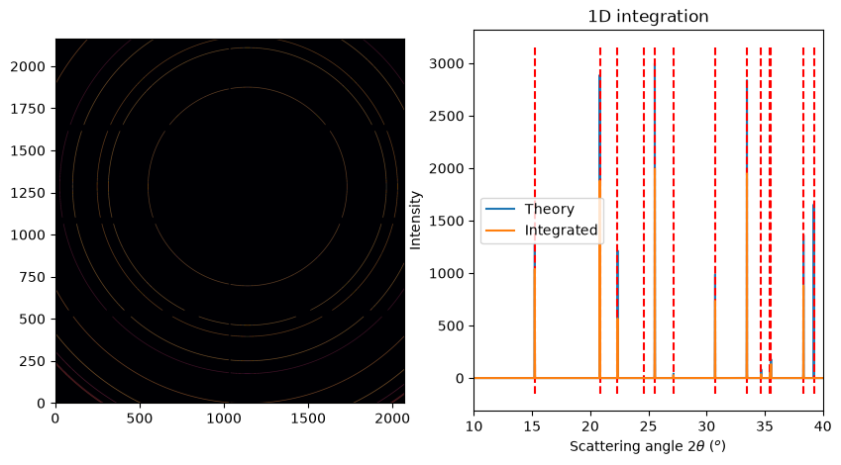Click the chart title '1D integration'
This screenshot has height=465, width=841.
tap(648, 17)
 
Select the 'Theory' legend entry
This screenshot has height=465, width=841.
tap(549, 209)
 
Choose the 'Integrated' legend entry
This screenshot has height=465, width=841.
tap(561, 231)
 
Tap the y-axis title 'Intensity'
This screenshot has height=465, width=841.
tap(416, 221)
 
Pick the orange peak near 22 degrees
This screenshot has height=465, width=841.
tap(618, 348)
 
